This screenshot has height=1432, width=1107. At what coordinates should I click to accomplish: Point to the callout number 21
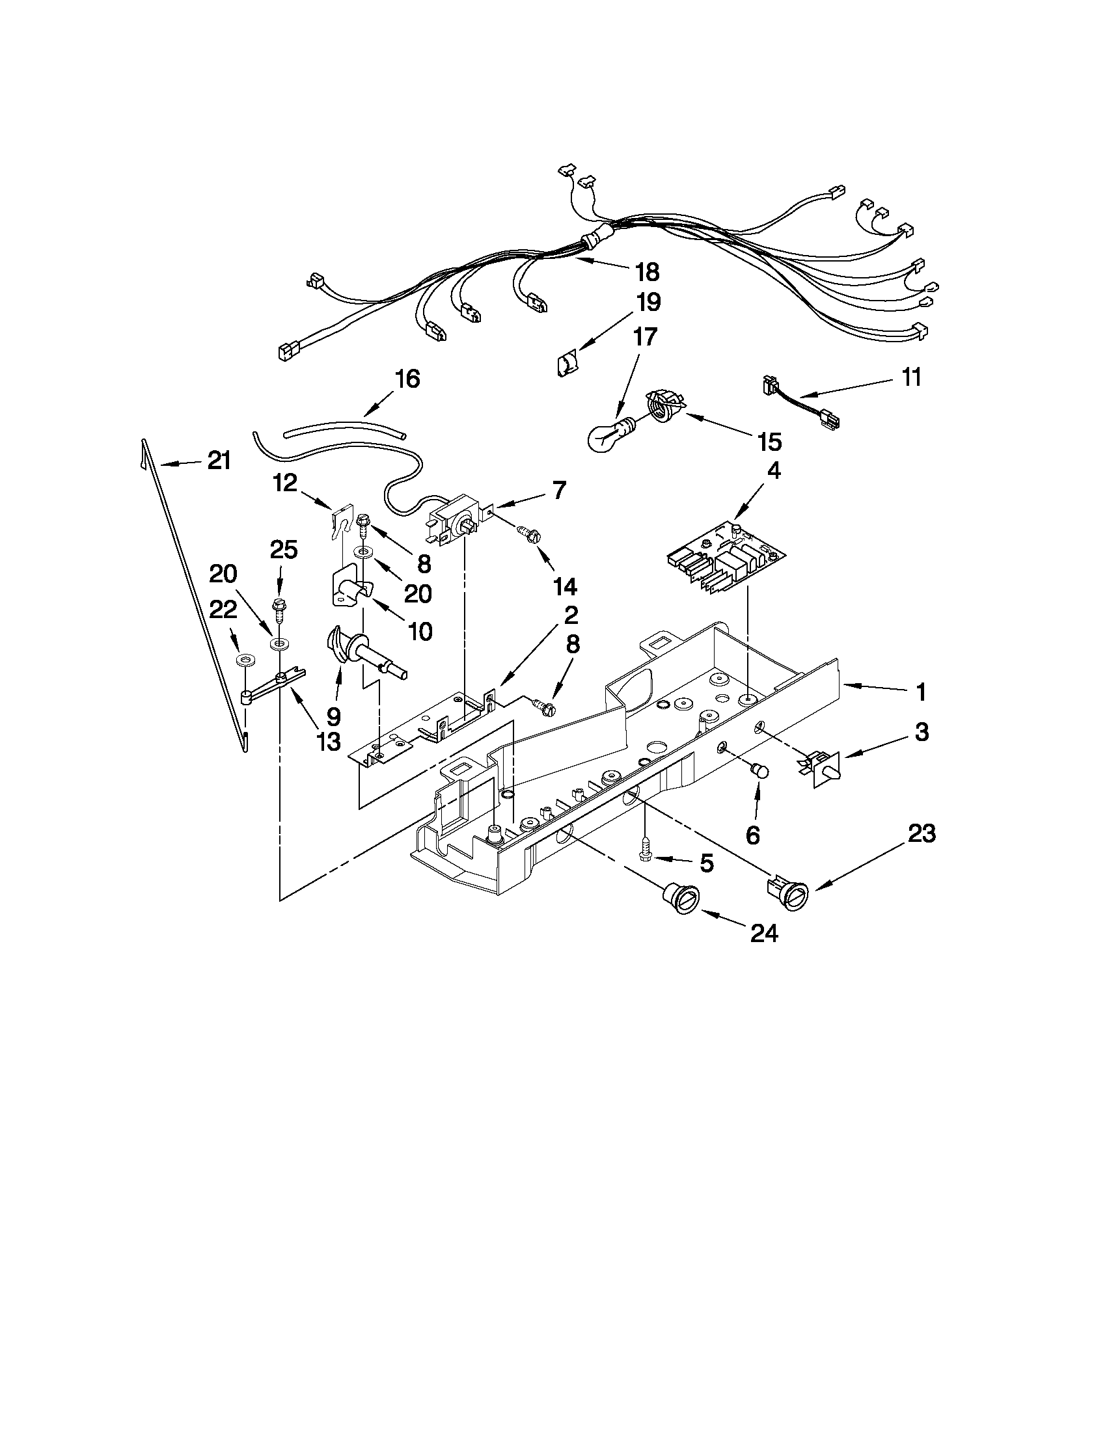tap(219, 461)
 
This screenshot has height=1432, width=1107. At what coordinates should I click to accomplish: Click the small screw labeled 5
tap(645, 852)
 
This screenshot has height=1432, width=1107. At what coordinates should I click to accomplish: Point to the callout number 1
tap(921, 691)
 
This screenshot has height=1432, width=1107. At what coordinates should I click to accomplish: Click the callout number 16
tap(407, 378)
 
